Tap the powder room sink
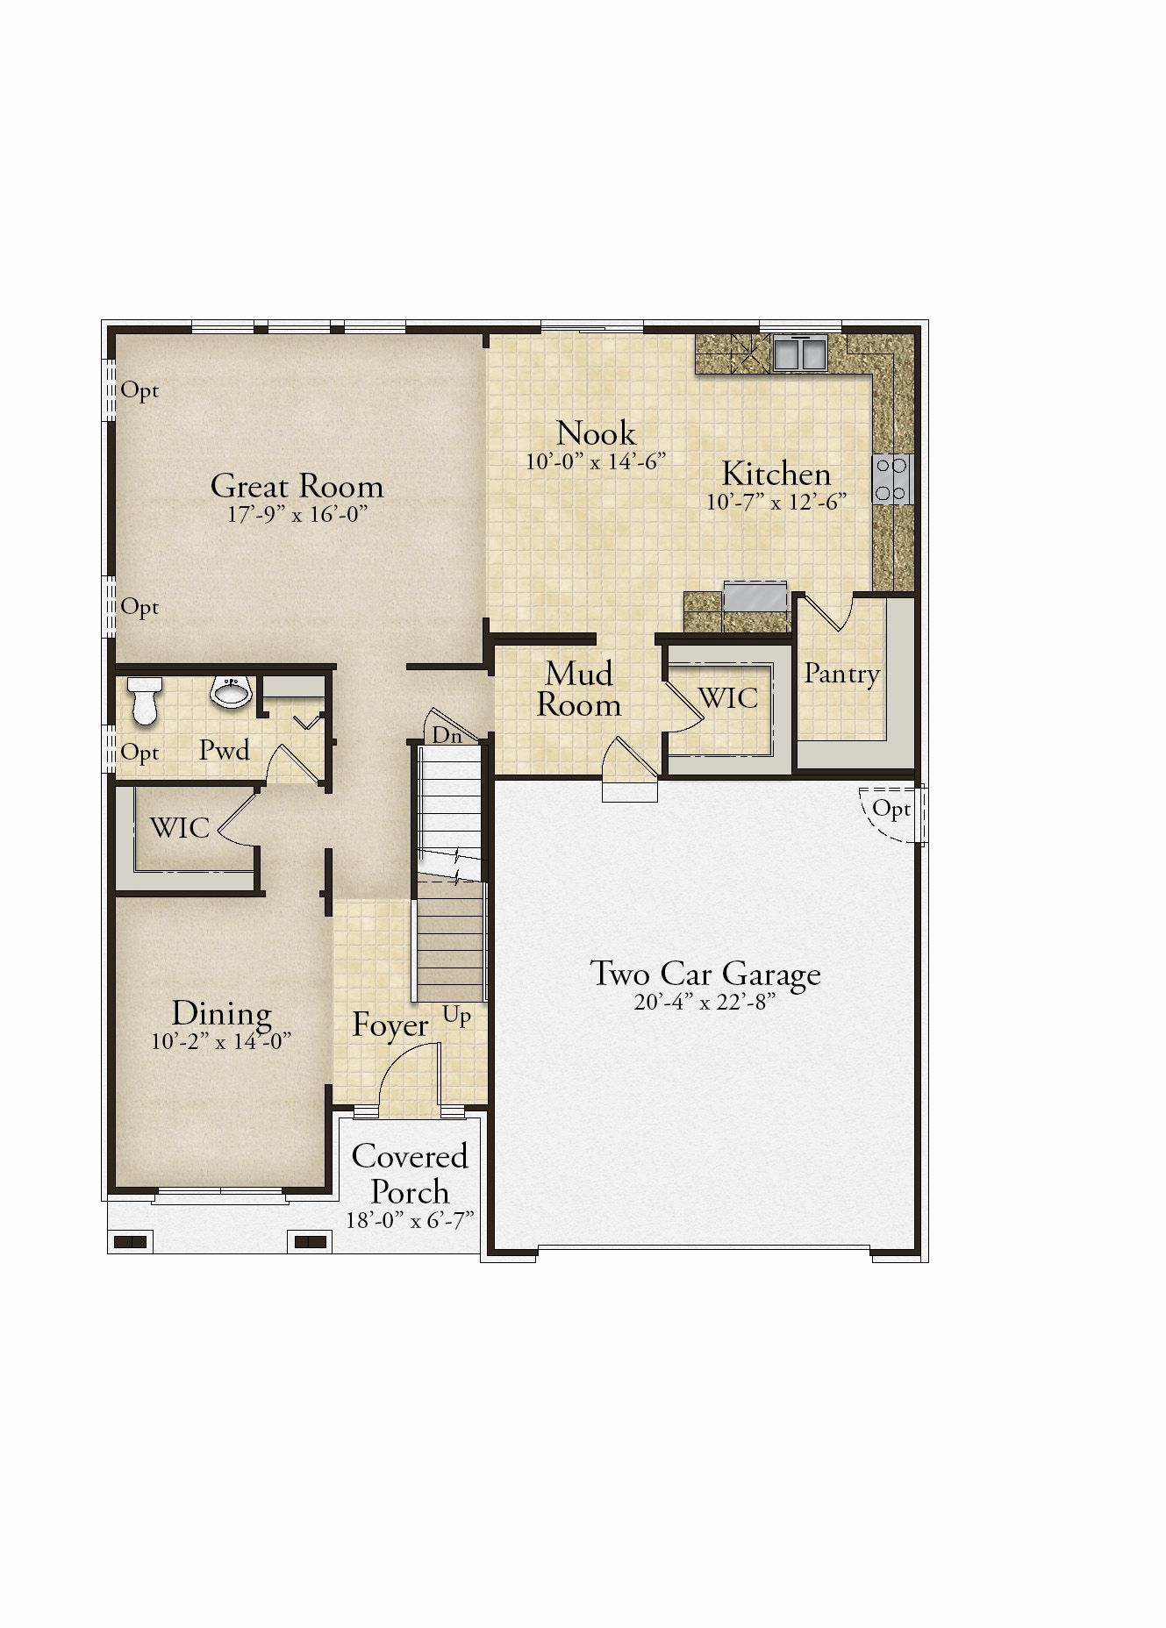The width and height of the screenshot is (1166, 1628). [x=232, y=690]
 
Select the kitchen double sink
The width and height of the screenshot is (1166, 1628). [x=799, y=353]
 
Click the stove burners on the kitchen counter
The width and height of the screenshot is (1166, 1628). [x=893, y=479]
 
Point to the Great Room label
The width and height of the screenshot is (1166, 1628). [x=297, y=486]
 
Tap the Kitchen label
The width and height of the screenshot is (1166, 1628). [x=776, y=474]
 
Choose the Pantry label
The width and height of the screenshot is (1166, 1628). [x=842, y=674]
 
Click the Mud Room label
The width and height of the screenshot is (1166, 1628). [x=579, y=689]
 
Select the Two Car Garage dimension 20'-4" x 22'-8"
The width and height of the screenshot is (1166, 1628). [x=705, y=1003]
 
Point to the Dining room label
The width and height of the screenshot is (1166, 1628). [x=221, y=1013]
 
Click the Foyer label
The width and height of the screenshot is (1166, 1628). [x=390, y=1025]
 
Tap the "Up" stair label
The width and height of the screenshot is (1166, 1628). [x=457, y=1016]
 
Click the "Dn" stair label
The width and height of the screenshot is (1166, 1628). [x=447, y=736]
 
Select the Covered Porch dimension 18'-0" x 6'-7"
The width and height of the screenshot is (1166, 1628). [x=410, y=1220]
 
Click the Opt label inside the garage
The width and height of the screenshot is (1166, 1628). [x=891, y=809]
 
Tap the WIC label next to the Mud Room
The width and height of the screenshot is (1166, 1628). [x=728, y=698]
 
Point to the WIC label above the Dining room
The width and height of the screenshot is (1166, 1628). [x=179, y=827]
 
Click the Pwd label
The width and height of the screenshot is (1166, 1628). [x=225, y=750]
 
